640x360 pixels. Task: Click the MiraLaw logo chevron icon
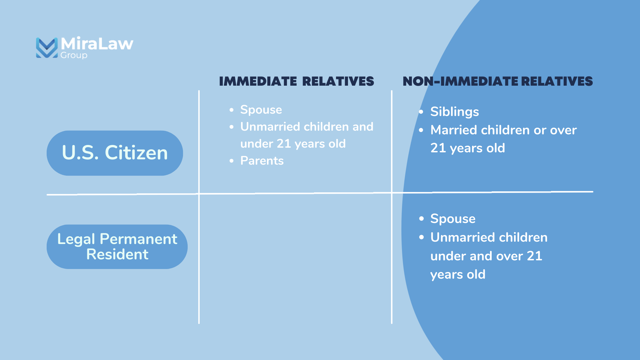coord(47,48)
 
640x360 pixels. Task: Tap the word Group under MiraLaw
coord(74,55)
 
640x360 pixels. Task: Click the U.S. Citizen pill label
coord(115,153)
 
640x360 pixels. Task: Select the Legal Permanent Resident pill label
coord(117,247)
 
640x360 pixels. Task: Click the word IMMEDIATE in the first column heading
coord(258,82)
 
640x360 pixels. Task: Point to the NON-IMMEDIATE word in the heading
coord(460,82)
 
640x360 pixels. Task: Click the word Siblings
coord(454,112)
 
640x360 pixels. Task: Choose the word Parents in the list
coord(262,161)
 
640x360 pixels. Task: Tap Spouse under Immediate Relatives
coord(261,110)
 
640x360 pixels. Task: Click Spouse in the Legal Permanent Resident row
coord(453,219)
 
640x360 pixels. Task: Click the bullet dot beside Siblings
coord(421,112)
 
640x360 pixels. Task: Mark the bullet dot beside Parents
coord(232,161)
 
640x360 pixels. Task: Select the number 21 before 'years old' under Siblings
coord(438,148)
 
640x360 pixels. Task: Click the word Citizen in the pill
coord(136,153)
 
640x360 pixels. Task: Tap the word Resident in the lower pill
coord(117,255)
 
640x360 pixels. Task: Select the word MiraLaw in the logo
coord(97,44)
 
